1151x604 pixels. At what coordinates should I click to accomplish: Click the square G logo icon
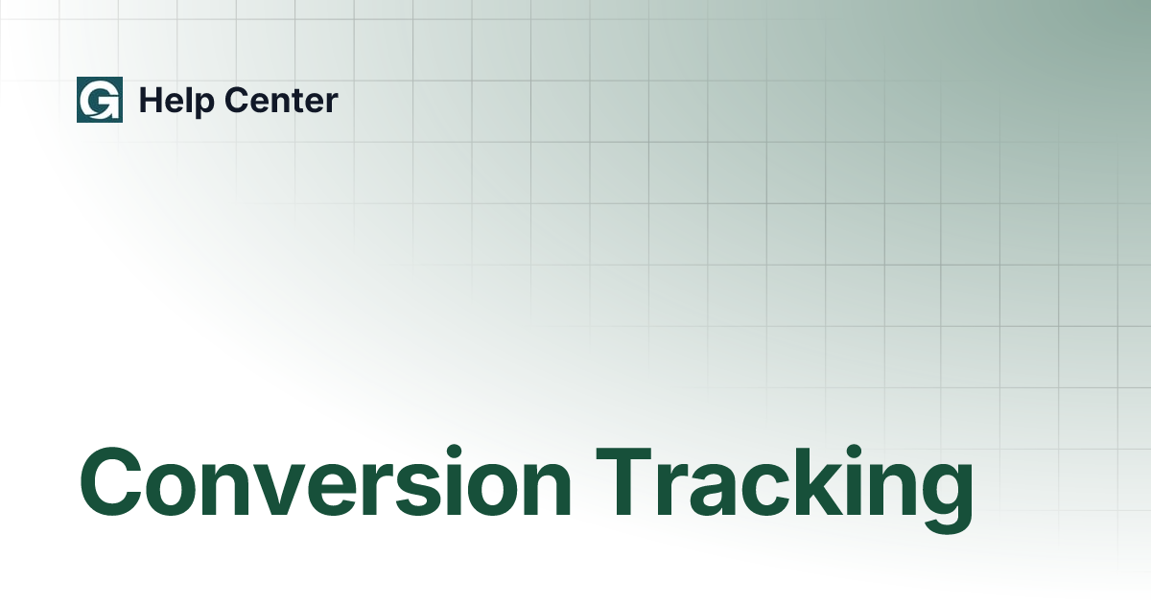(100, 100)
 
